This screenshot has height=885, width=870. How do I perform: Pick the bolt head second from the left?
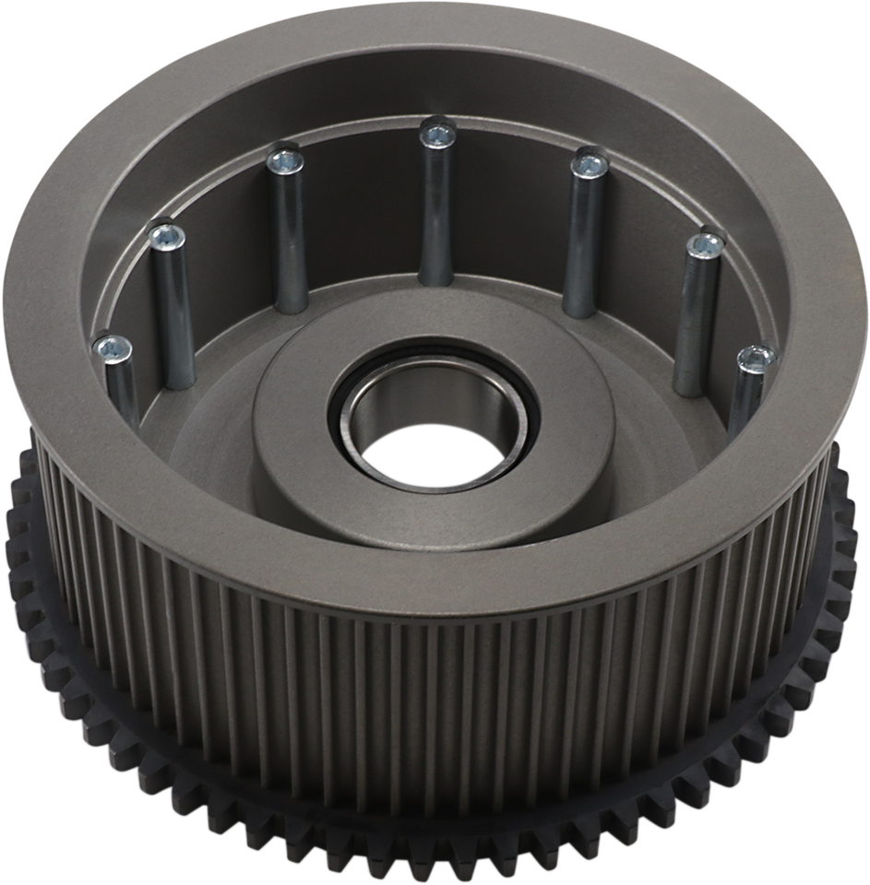[x=166, y=237]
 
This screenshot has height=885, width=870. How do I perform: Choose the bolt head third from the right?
[x=585, y=167]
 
